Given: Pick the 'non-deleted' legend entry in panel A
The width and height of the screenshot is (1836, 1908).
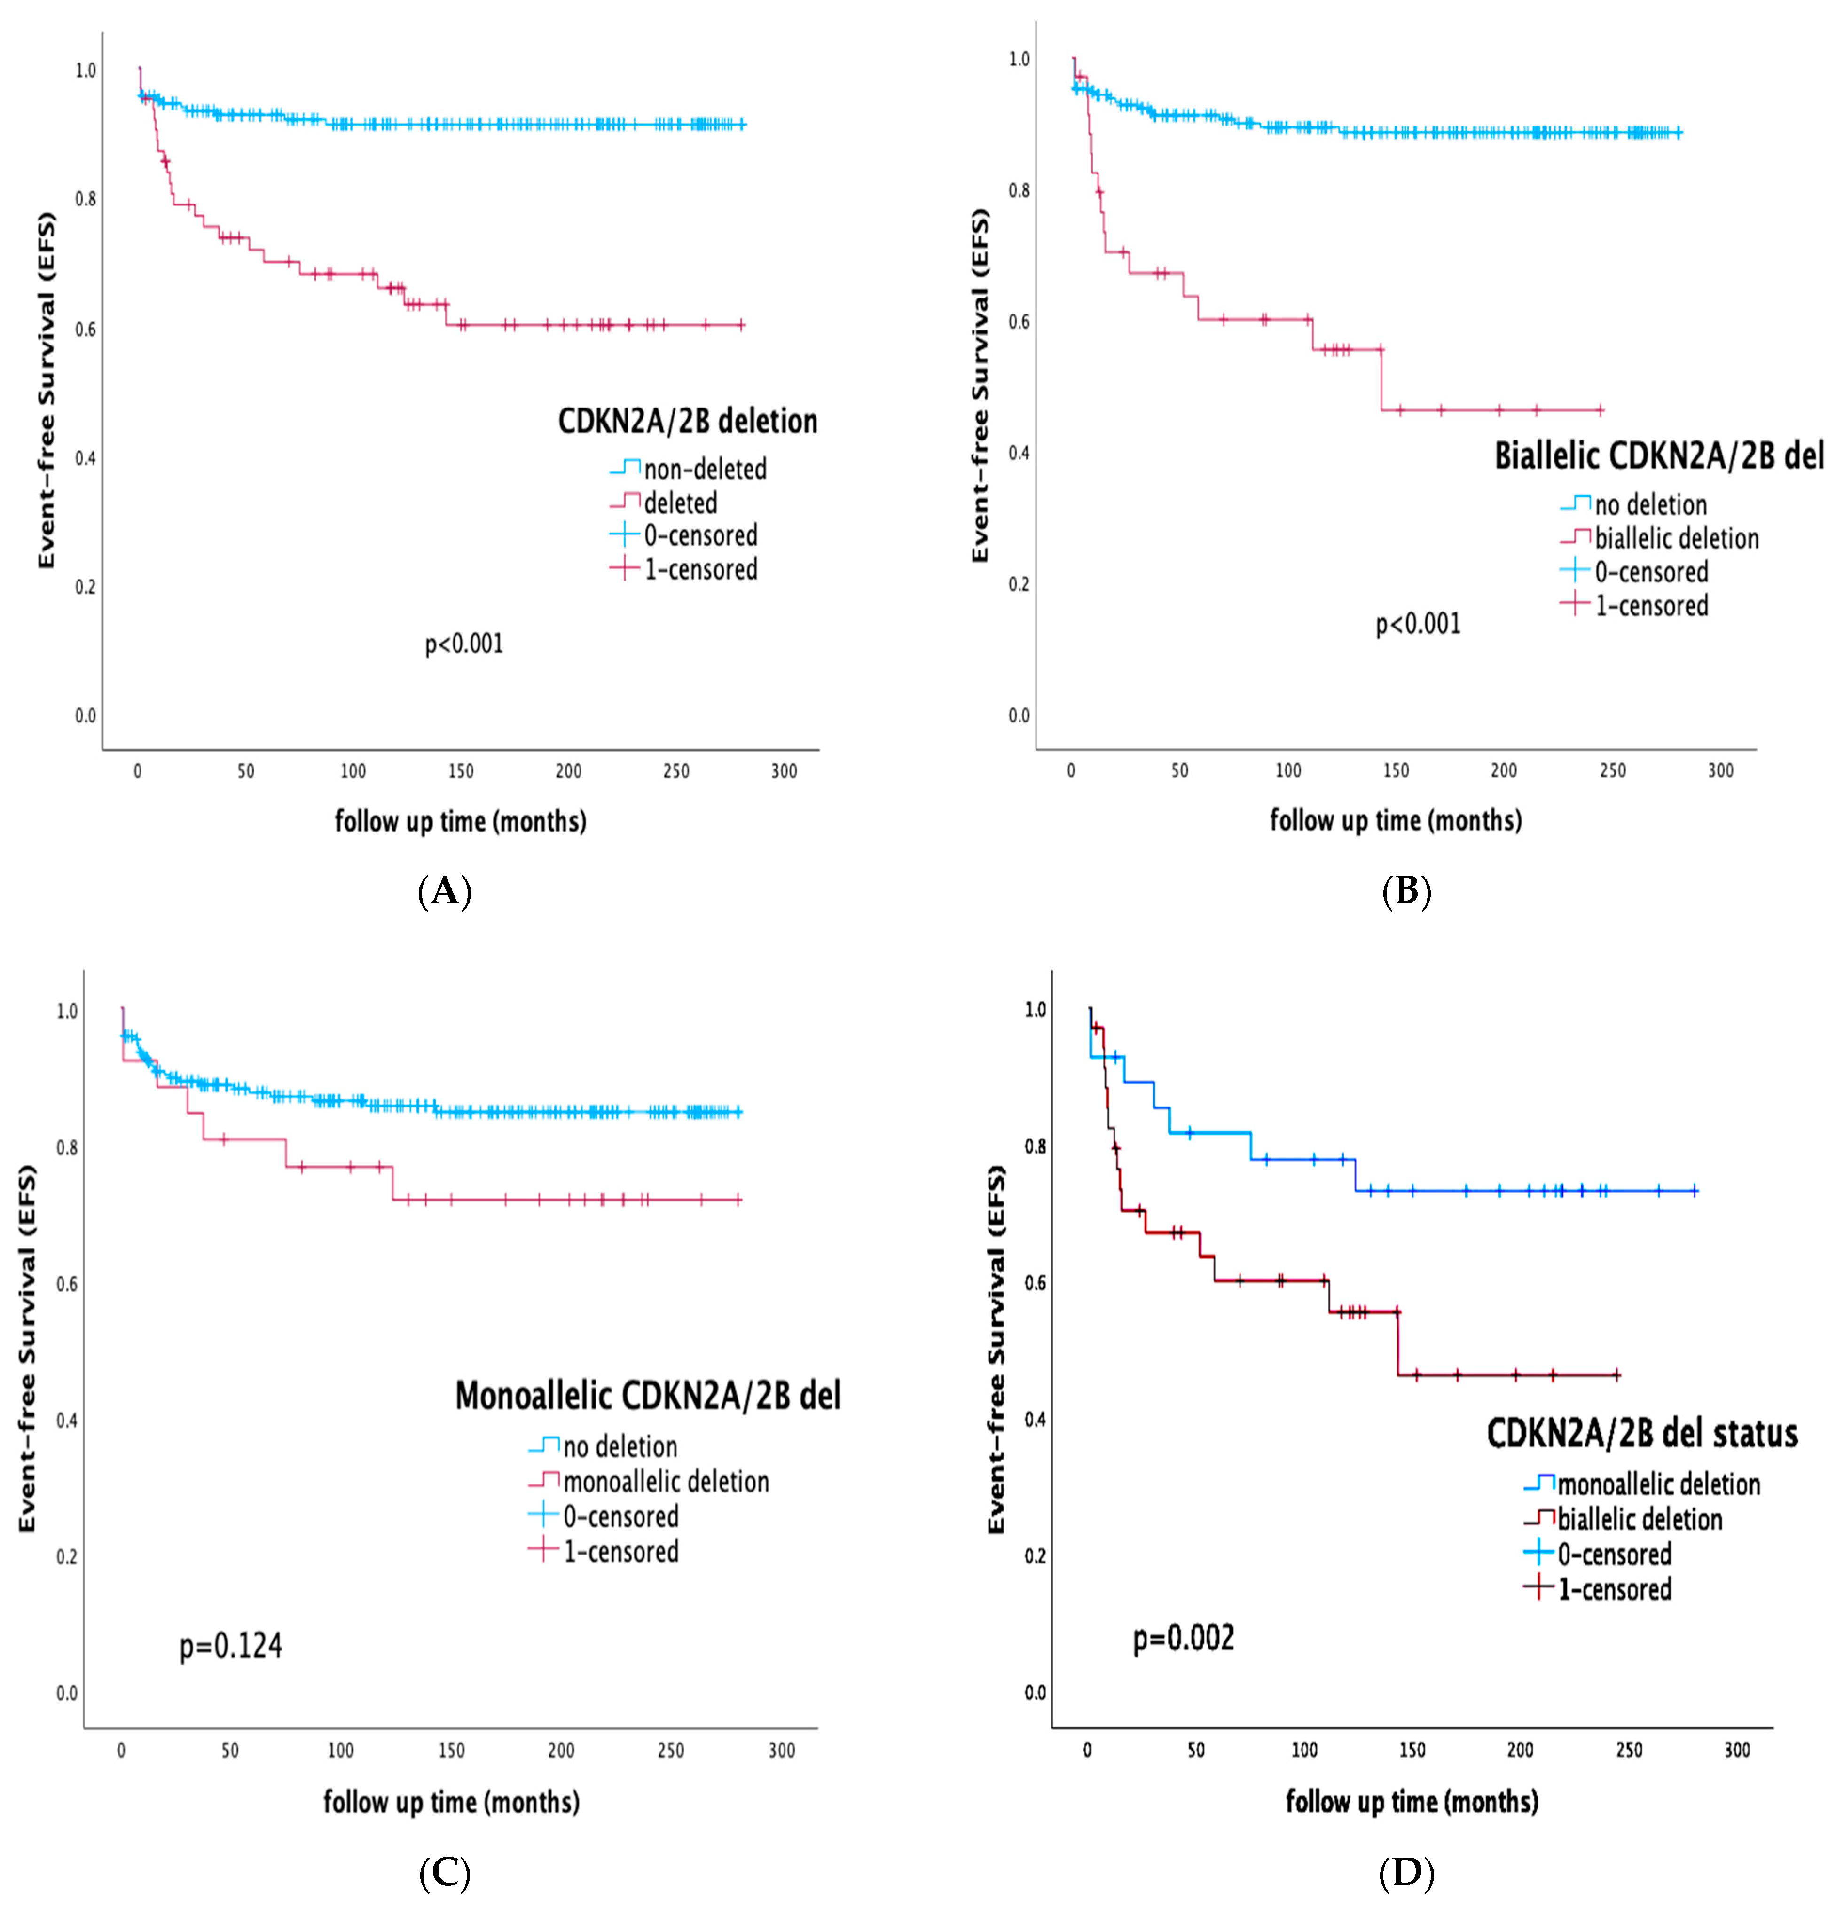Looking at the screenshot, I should point(705,469).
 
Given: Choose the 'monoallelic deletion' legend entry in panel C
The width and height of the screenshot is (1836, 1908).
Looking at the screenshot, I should point(666,1482).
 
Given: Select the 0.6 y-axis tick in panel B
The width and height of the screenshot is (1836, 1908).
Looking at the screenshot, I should point(1018,321).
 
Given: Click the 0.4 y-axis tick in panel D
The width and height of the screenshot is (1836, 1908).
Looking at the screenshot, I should point(1035,1419).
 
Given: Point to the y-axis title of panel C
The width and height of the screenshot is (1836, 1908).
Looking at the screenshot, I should point(27,1348).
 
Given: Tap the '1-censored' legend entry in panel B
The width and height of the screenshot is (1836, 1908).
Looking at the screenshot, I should point(1651,605).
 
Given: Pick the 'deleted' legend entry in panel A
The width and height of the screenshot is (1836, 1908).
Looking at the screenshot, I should point(681,503).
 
